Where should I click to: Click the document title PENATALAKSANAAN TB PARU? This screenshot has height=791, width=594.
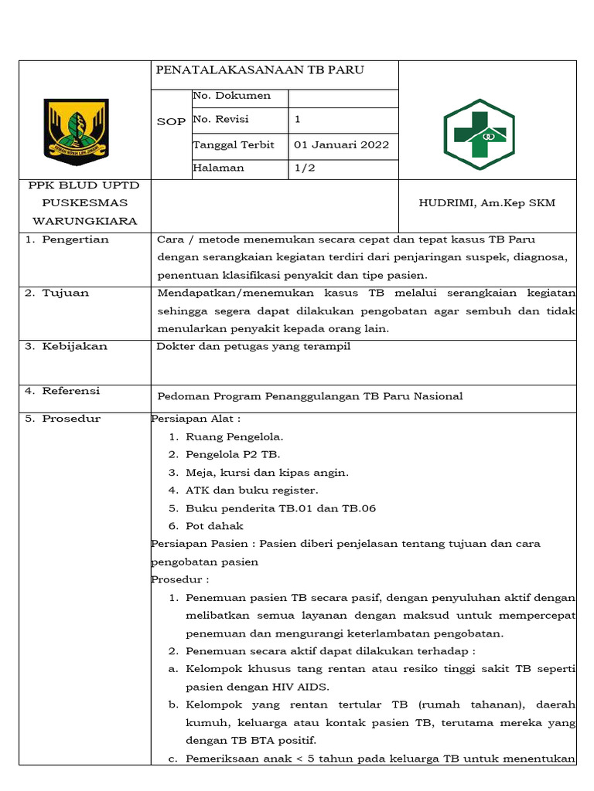pyautogui.click(x=259, y=70)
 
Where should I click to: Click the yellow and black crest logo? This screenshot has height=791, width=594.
pyautogui.click(x=76, y=128)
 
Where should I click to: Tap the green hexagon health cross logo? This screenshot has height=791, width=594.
pyautogui.click(x=479, y=134)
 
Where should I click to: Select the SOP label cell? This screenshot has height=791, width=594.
pyautogui.click(x=171, y=122)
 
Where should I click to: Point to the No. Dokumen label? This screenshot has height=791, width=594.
pyautogui.click(x=231, y=96)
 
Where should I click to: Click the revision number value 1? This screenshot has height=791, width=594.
pyautogui.click(x=298, y=120)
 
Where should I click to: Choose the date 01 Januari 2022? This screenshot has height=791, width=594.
pyautogui.click(x=342, y=144)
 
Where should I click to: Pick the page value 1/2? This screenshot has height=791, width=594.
pyautogui.click(x=302, y=168)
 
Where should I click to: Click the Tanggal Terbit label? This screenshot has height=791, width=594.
pyautogui.click(x=234, y=144)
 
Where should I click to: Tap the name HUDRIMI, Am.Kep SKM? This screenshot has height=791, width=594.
pyautogui.click(x=487, y=203)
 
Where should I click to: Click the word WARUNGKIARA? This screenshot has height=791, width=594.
pyautogui.click(x=83, y=221)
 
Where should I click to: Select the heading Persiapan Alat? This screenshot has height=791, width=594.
pyautogui.click(x=196, y=419)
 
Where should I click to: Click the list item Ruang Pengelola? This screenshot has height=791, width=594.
pyautogui.click(x=234, y=437)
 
